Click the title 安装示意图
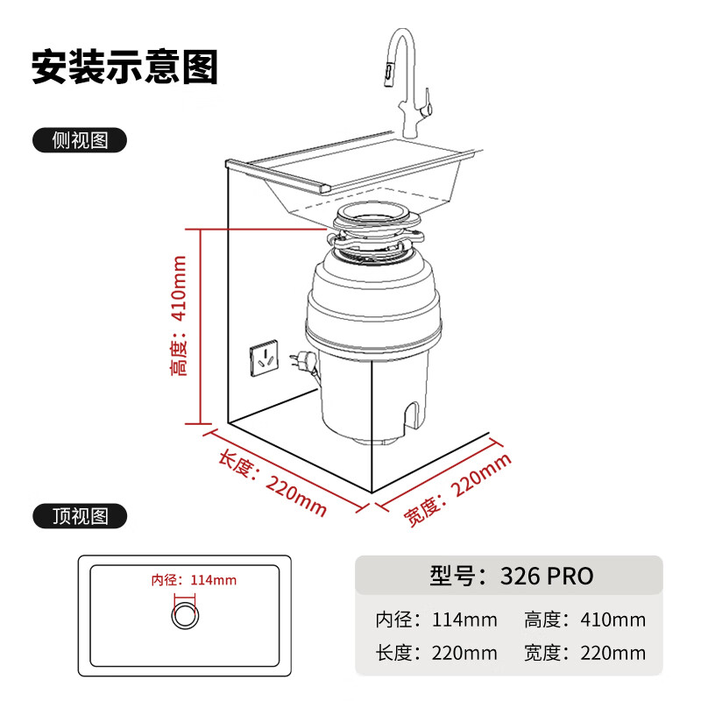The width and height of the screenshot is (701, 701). (124, 67)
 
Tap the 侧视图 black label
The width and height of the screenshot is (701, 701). (80, 140)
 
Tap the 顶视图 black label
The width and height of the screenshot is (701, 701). (80, 516)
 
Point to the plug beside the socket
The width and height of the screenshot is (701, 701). (302, 360)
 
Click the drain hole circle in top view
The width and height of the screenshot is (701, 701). (184, 613)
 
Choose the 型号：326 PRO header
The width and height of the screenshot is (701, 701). (512, 576)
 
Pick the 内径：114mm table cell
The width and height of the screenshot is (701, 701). (436, 620)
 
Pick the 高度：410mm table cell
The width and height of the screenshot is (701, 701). (584, 620)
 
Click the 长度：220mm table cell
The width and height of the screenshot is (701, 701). (436, 653)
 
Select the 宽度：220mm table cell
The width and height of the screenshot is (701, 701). (584, 653)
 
